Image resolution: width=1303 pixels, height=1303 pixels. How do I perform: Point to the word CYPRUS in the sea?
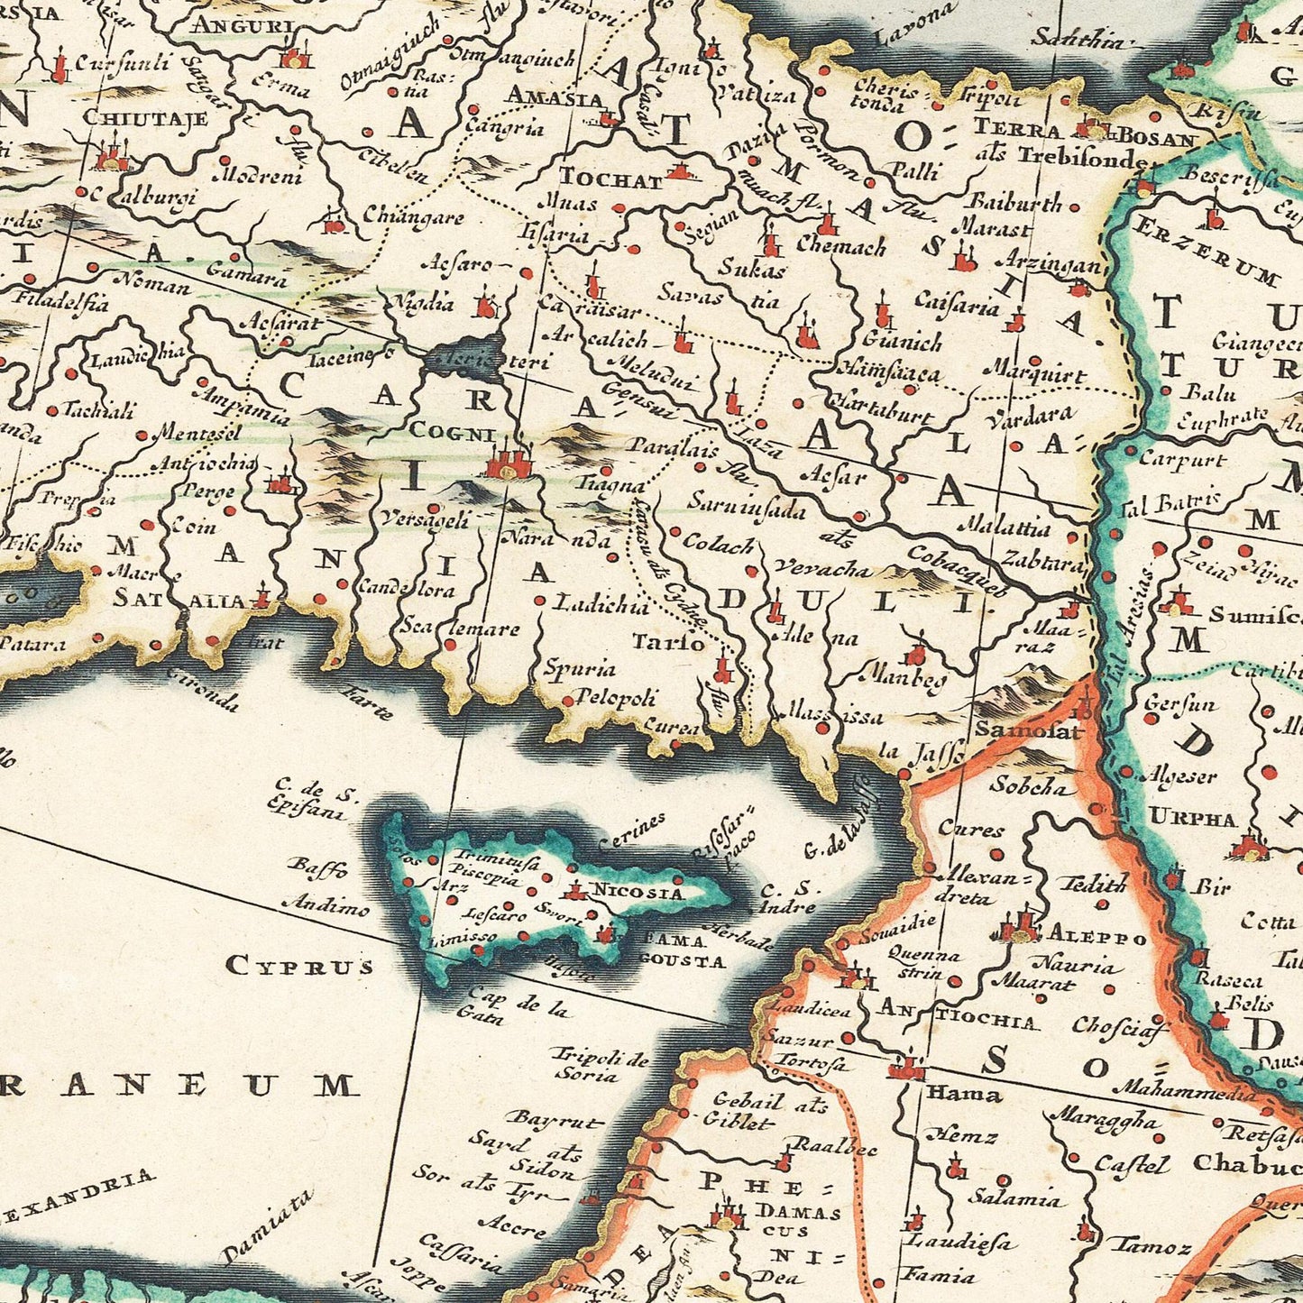299,966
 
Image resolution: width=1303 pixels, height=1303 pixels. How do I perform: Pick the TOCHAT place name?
610,179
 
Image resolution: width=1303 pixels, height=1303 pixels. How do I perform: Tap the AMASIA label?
553,95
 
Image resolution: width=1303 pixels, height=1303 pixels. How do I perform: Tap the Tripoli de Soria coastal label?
599,1065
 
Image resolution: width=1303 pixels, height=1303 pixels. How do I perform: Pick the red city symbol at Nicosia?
573,891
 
